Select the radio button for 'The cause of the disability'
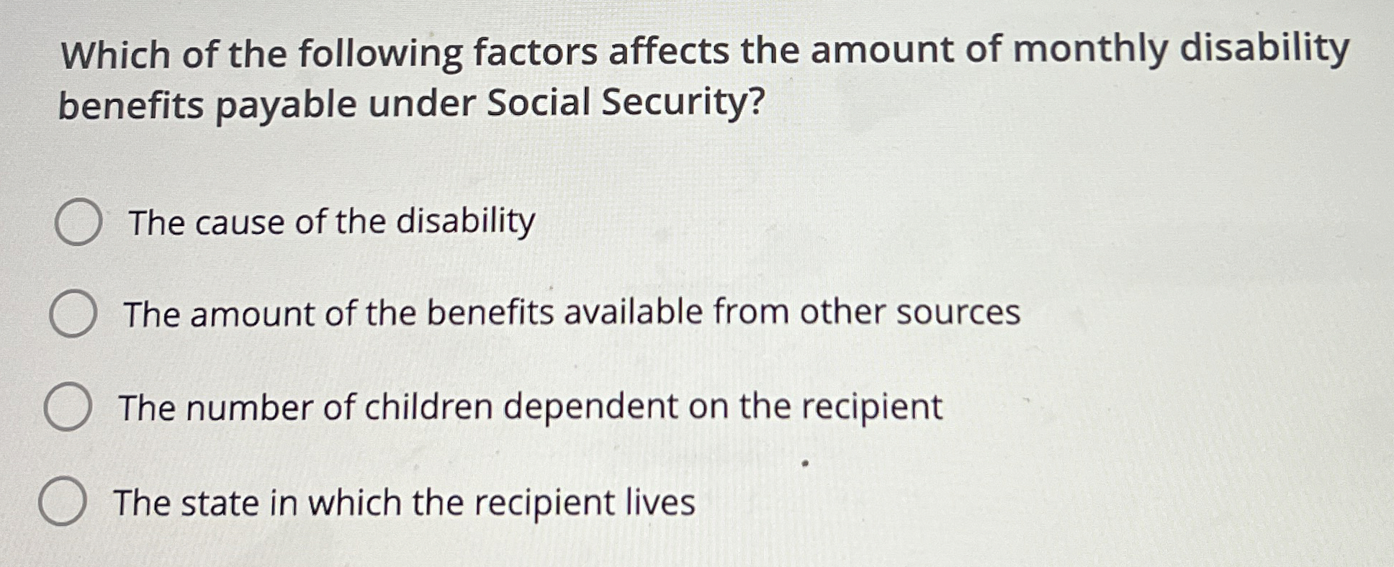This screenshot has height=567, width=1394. (78, 222)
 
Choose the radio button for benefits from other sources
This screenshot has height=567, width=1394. (73, 314)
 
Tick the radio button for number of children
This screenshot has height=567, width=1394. (68, 407)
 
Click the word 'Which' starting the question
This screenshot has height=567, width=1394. (115, 55)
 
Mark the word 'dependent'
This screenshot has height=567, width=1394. (590, 407)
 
